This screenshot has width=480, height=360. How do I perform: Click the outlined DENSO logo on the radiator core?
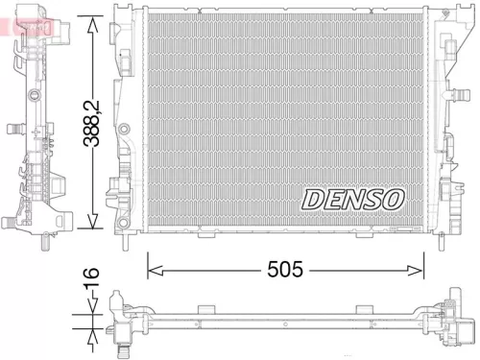point(354,199)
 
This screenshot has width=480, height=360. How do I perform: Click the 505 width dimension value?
point(284,270)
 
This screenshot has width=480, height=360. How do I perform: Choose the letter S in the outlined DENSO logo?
point(371,199)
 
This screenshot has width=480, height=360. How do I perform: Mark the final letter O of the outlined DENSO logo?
point(393,199)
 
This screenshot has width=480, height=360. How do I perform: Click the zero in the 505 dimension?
point(284,270)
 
